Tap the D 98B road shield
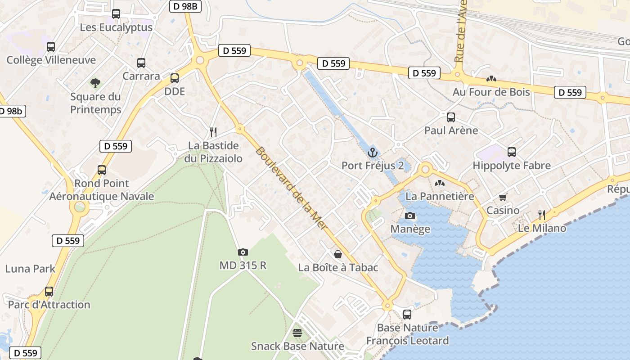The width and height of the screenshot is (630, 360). (185, 6)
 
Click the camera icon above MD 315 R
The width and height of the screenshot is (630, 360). (243, 252)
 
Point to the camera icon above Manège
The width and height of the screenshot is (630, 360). (409, 216)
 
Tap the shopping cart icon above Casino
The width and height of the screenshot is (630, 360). (503, 197)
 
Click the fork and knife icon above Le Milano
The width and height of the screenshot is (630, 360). (542, 215)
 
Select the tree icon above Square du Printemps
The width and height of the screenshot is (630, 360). (95, 83)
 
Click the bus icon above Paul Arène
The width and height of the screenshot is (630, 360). (451, 117)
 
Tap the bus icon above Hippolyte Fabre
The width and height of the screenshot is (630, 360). (512, 152)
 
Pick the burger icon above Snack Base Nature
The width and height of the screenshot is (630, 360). (297, 333)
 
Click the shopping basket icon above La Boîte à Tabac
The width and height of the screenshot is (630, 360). (337, 254)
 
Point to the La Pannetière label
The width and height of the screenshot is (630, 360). (440, 197)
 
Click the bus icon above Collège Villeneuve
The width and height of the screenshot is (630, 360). (51, 46)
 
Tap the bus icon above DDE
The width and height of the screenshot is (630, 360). (175, 78)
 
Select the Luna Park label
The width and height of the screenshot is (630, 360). (30, 269)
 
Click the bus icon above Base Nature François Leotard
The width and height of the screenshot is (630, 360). (407, 315)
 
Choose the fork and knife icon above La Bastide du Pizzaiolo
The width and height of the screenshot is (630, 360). (213, 132)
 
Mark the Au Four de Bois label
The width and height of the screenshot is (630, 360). (491, 92)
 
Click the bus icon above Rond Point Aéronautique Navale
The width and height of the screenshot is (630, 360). (102, 170)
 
